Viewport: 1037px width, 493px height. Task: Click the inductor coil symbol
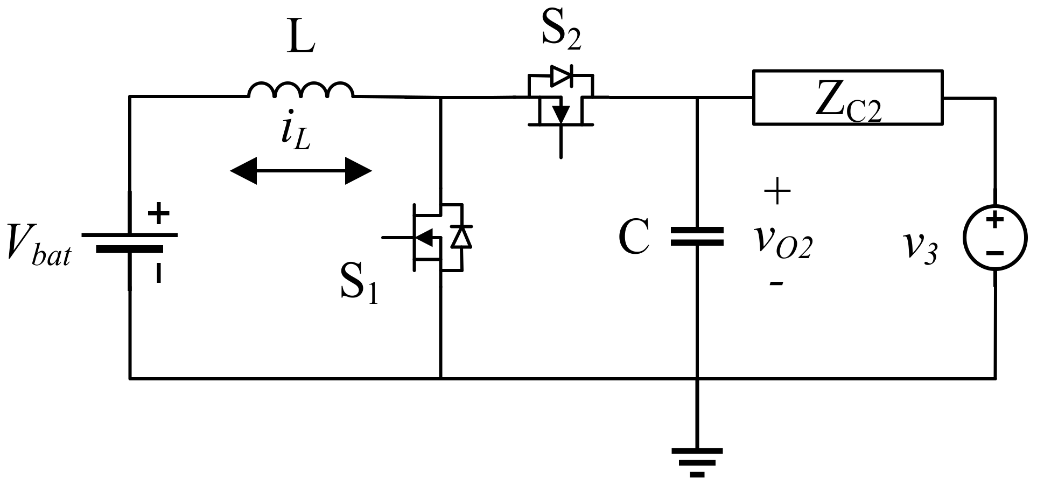(x=300, y=91)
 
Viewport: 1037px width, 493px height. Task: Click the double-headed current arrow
(x=300, y=171)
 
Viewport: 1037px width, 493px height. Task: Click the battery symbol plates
(x=130, y=242)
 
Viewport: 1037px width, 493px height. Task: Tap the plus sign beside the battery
(x=158, y=214)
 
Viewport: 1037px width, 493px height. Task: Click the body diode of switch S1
(x=461, y=237)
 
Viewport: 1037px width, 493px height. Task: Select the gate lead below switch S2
(x=561, y=143)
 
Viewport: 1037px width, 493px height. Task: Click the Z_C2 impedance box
(x=847, y=98)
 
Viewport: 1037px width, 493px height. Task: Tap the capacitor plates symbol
(x=697, y=237)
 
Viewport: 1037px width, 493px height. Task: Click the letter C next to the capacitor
(x=634, y=238)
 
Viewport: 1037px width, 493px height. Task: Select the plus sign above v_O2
(x=776, y=191)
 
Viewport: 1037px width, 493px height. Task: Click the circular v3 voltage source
(x=994, y=237)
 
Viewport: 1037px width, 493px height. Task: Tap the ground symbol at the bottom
(x=697, y=461)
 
